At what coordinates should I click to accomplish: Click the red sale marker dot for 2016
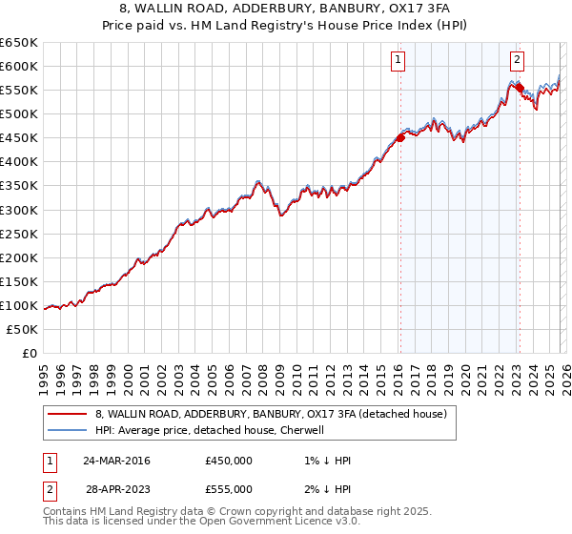pyautogui.click(x=400, y=137)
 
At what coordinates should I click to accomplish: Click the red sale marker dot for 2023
pyautogui.click(x=520, y=88)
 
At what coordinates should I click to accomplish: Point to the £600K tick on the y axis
pyautogui.click(x=19, y=66)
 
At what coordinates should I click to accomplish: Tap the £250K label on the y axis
pyautogui.click(x=19, y=234)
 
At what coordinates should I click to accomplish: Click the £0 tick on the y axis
pyautogui.click(x=31, y=353)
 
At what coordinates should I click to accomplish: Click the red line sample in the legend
pyautogui.click(x=67, y=414)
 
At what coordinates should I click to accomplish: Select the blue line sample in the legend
pyautogui.click(x=67, y=430)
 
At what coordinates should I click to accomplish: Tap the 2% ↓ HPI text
pyautogui.click(x=326, y=489)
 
